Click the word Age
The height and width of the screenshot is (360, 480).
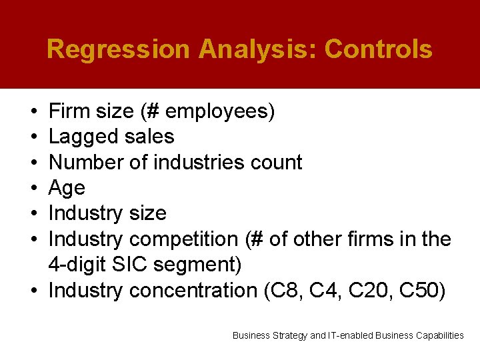(x=67, y=188)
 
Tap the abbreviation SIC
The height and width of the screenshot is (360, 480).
(x=131, y=265)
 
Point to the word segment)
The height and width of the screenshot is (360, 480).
(x=197, y=265)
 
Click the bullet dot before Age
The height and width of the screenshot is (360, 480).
(x=33, y=189)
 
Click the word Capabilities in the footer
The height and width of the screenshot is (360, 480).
(x=437, y=335)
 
